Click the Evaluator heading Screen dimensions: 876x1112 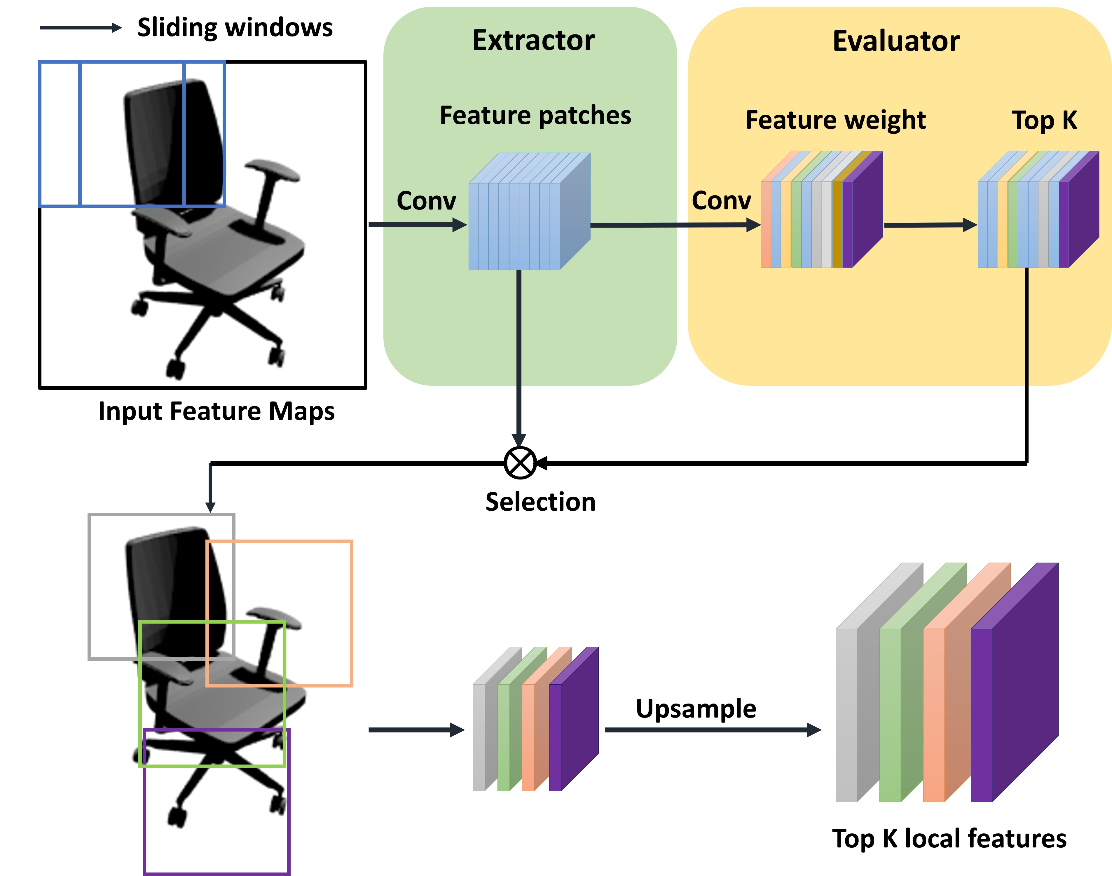pos(895,41)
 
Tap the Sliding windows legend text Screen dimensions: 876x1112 pos(235,28)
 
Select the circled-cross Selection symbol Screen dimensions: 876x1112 pos(520,463)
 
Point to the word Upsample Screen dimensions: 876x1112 pos(696,709)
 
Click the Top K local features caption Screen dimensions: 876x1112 pos(949,839)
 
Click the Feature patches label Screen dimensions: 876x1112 pos(535,115)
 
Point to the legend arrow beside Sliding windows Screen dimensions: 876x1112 pos(81,28)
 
